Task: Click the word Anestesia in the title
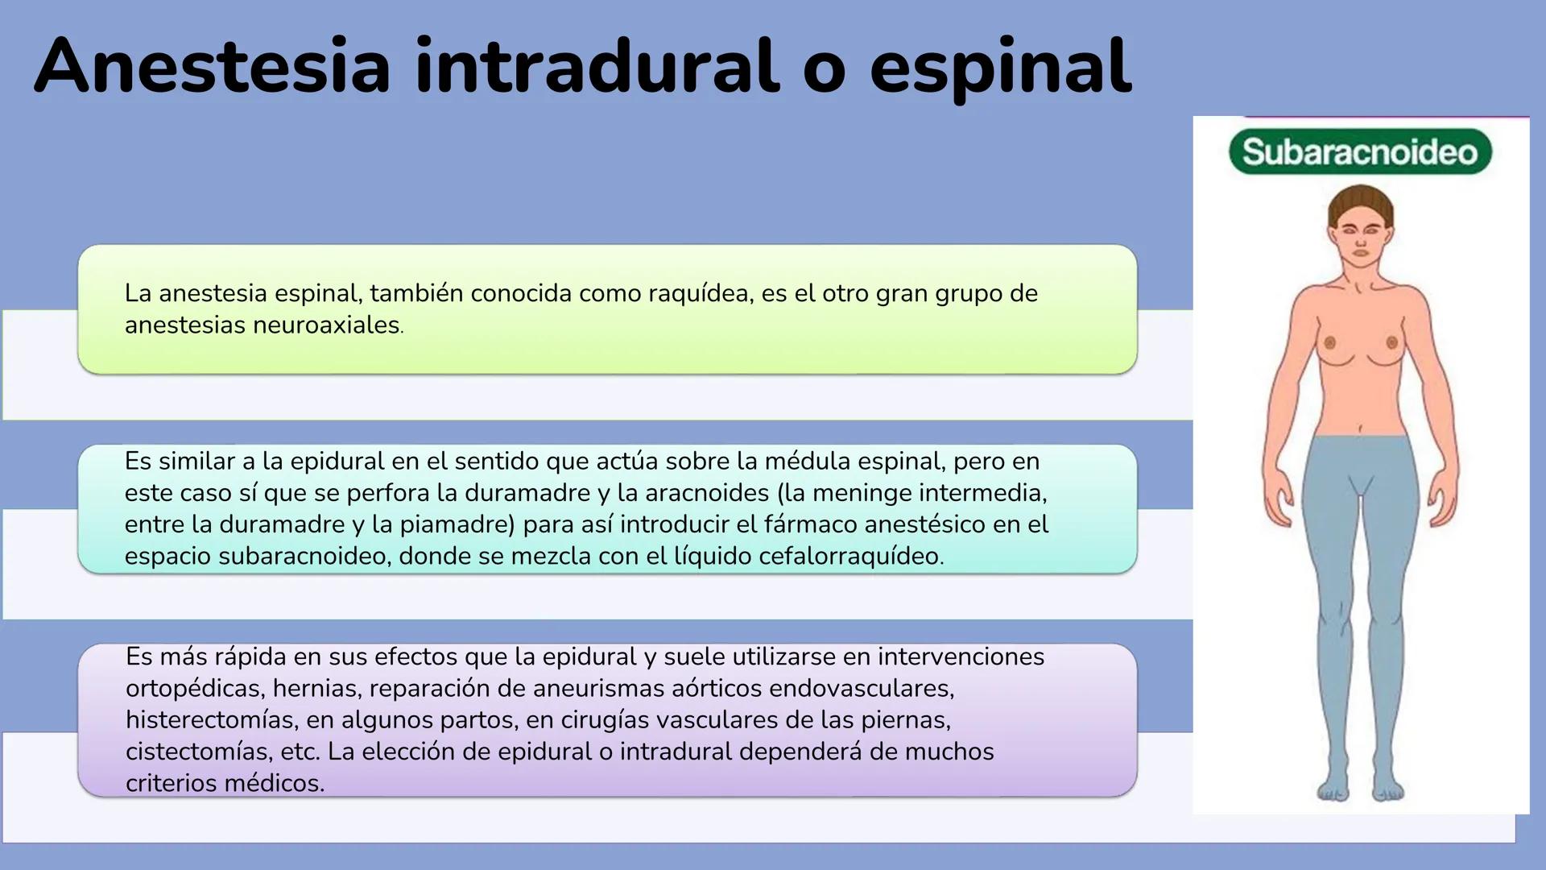213,67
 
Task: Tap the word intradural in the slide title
597,67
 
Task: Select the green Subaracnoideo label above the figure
1360,151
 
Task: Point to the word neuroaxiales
326,325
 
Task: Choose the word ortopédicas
194,689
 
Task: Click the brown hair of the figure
1360,201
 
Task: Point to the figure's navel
1361,428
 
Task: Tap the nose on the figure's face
1361,241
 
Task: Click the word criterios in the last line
172,783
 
